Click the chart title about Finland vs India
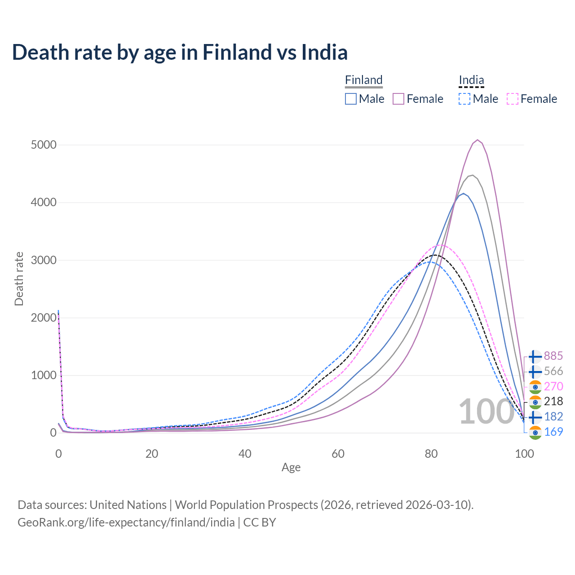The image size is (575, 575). [x=180, y=52]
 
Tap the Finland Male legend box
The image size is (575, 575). [x=351, y=99]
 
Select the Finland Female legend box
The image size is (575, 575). [x=399, y=99]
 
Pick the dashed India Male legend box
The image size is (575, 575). [x=464, y=99]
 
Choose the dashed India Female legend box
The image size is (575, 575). [x=513, y=99]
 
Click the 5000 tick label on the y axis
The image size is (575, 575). [x=44, y=145]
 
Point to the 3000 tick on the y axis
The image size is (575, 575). [x=44, y=260]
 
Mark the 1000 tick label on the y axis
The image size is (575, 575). [x=44, y=375]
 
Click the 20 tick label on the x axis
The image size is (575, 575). [x=152, y=454]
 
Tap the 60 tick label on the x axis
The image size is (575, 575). [x=338, y=454]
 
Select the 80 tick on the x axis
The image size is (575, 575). [x=431, y=454]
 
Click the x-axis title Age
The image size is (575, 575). [x=291, y=468]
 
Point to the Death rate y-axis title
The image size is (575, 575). [x=19, y=279]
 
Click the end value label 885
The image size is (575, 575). [x=553, y=356]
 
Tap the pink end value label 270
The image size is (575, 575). [x=553, y=386]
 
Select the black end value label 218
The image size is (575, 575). [x=553, y=401]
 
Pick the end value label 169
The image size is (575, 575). [x=553, y=432]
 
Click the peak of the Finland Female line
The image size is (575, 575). [x=478, y=140]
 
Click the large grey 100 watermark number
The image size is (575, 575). [x=486, y=411]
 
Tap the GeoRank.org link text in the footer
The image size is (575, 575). [x=126, y=522]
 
